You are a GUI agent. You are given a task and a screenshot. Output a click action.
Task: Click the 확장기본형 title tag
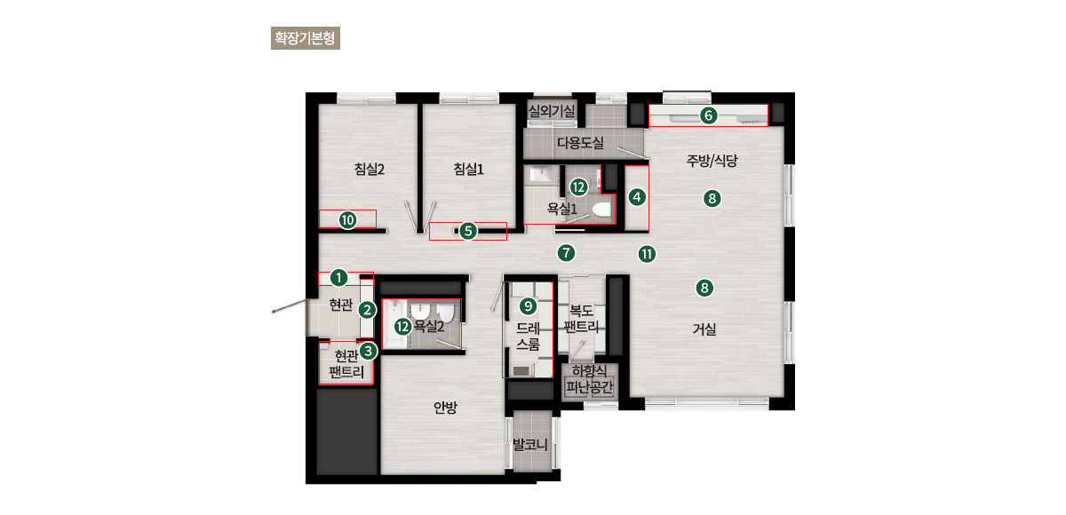tap(306, 38)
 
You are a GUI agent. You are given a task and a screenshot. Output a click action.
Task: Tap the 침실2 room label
tap(370, 169)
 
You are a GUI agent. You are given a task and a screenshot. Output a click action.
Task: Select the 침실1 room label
tap(469, 169)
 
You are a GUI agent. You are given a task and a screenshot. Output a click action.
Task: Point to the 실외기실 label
tap(552, 111)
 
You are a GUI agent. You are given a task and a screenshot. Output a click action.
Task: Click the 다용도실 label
tap(581, 142)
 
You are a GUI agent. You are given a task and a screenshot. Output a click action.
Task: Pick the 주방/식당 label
tap(712, 160)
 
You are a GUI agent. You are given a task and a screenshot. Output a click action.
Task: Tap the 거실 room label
tap(704, 329)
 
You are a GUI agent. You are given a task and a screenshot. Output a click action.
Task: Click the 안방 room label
tap(445, 407)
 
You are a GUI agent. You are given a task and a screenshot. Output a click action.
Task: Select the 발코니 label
tap(530, 445)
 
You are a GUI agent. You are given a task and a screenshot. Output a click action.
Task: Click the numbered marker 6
tap(709, 115)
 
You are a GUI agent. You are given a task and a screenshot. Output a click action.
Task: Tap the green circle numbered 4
tap(637, 197)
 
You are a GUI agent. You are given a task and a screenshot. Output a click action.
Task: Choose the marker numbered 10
tap(348, 220)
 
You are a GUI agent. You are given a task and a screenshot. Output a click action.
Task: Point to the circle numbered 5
tap(468, 231)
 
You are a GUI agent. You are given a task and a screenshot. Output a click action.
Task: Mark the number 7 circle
tap(567, 253)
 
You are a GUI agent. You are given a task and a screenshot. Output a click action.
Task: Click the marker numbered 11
tap(647, 255)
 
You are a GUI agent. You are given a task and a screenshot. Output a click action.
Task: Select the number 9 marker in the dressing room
tap(528, 306)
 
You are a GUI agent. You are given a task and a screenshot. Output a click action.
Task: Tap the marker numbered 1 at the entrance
tap(338, 278)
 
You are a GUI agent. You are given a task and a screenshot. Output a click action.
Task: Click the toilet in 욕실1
tap(601, 210)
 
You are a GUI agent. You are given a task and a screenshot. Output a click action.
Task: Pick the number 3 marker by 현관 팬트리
tap(368, 352)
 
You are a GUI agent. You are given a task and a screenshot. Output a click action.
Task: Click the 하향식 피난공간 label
tap(590, 379)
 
